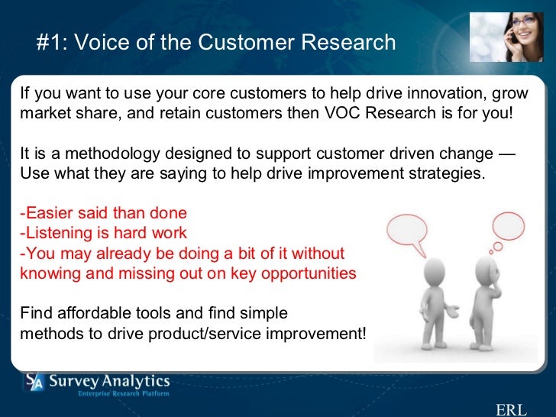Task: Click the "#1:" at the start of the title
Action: point(51,42)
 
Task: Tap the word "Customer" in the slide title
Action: point(247,42)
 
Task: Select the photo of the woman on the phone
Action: point(506,37)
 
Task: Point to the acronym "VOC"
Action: point(342,113)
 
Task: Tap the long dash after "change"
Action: point(506,154)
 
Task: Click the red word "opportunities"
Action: point(309,274)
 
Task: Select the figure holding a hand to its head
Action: point(485,302)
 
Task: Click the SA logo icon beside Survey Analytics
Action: point(34,382)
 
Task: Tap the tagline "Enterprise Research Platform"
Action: point(124,393)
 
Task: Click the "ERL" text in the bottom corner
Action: point(511,409)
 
